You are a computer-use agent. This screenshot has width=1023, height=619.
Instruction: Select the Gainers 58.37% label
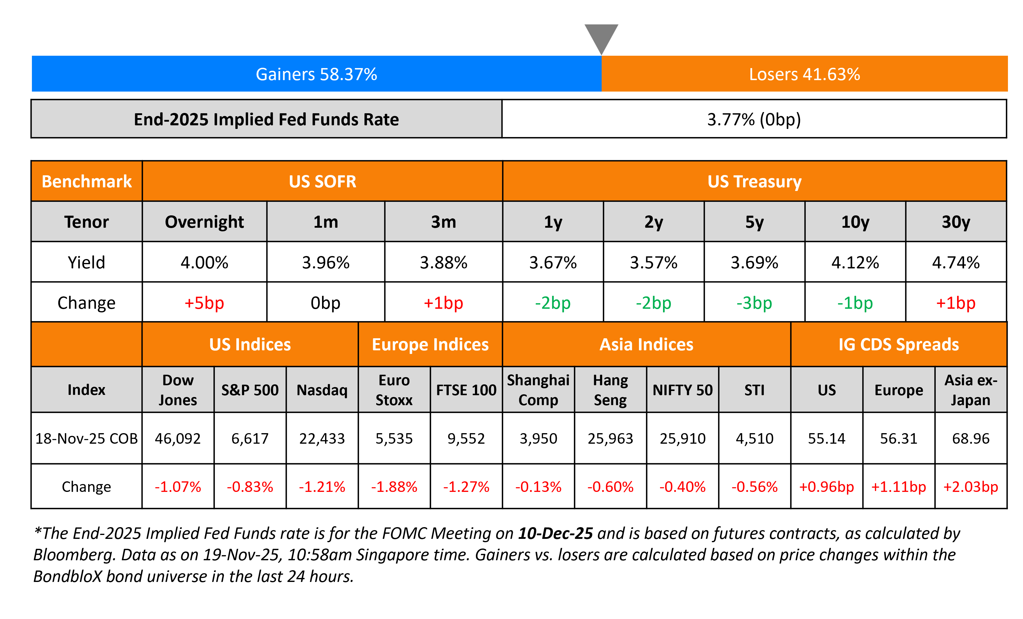tap(316, 74)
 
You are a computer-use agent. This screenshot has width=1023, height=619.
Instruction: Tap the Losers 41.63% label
tap(804, 74)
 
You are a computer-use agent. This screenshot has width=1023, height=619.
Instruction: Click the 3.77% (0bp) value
tap(754, 120)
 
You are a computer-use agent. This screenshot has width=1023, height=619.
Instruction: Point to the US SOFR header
tap(323, 182)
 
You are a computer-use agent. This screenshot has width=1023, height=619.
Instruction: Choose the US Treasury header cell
tap(754, 182)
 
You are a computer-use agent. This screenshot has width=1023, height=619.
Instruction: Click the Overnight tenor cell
tap(204, 222)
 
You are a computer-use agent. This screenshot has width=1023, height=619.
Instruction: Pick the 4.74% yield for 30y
tap(956, 263)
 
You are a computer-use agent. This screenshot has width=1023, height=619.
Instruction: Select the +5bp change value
tap(204, 303)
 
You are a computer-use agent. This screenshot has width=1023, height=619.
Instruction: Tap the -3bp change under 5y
tap(754, 303)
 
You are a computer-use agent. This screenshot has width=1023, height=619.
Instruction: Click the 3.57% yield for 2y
tap(653, 263)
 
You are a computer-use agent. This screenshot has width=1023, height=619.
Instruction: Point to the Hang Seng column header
tap(610, 390)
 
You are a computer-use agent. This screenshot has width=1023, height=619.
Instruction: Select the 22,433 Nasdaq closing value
tap(322, 439)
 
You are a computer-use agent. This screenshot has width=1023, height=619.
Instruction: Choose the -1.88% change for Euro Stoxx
tap(394, 487)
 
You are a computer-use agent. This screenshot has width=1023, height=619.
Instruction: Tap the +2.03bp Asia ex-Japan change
tap(971, 487)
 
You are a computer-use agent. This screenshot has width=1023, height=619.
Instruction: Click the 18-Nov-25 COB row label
tap(86, 439)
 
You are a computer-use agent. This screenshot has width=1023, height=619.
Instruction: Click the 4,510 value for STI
tap(754, 439)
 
